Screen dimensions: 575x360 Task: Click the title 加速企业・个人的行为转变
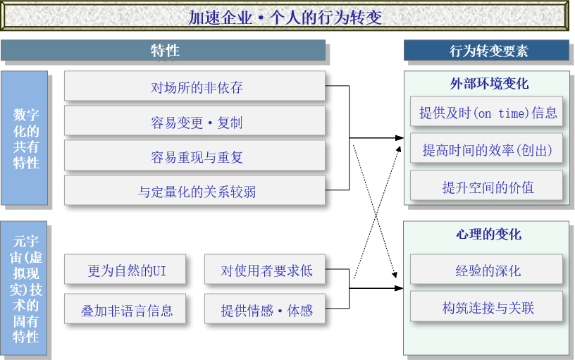click(x=285, y=17)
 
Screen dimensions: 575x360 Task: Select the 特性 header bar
click(x=165, y=51)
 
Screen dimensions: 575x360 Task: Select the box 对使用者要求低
click(x=266, y=271)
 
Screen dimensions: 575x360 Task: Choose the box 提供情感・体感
click(x=266, y=310)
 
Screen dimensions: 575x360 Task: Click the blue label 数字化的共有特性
click(x=25, y=138)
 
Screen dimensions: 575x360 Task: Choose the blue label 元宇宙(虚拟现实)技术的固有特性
click(x=25, y=289)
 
